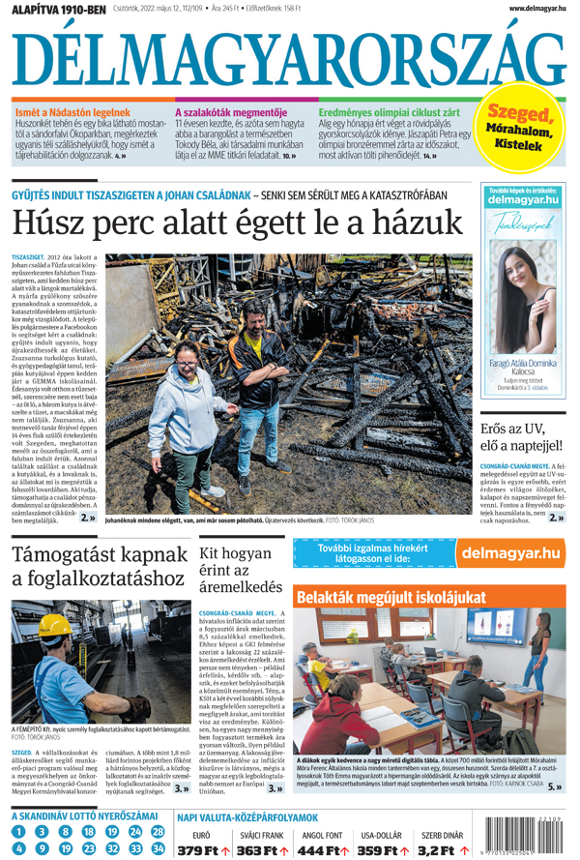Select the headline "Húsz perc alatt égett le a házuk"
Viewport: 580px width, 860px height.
point(238,223)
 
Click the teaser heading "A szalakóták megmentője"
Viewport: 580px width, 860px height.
point(230,112)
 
